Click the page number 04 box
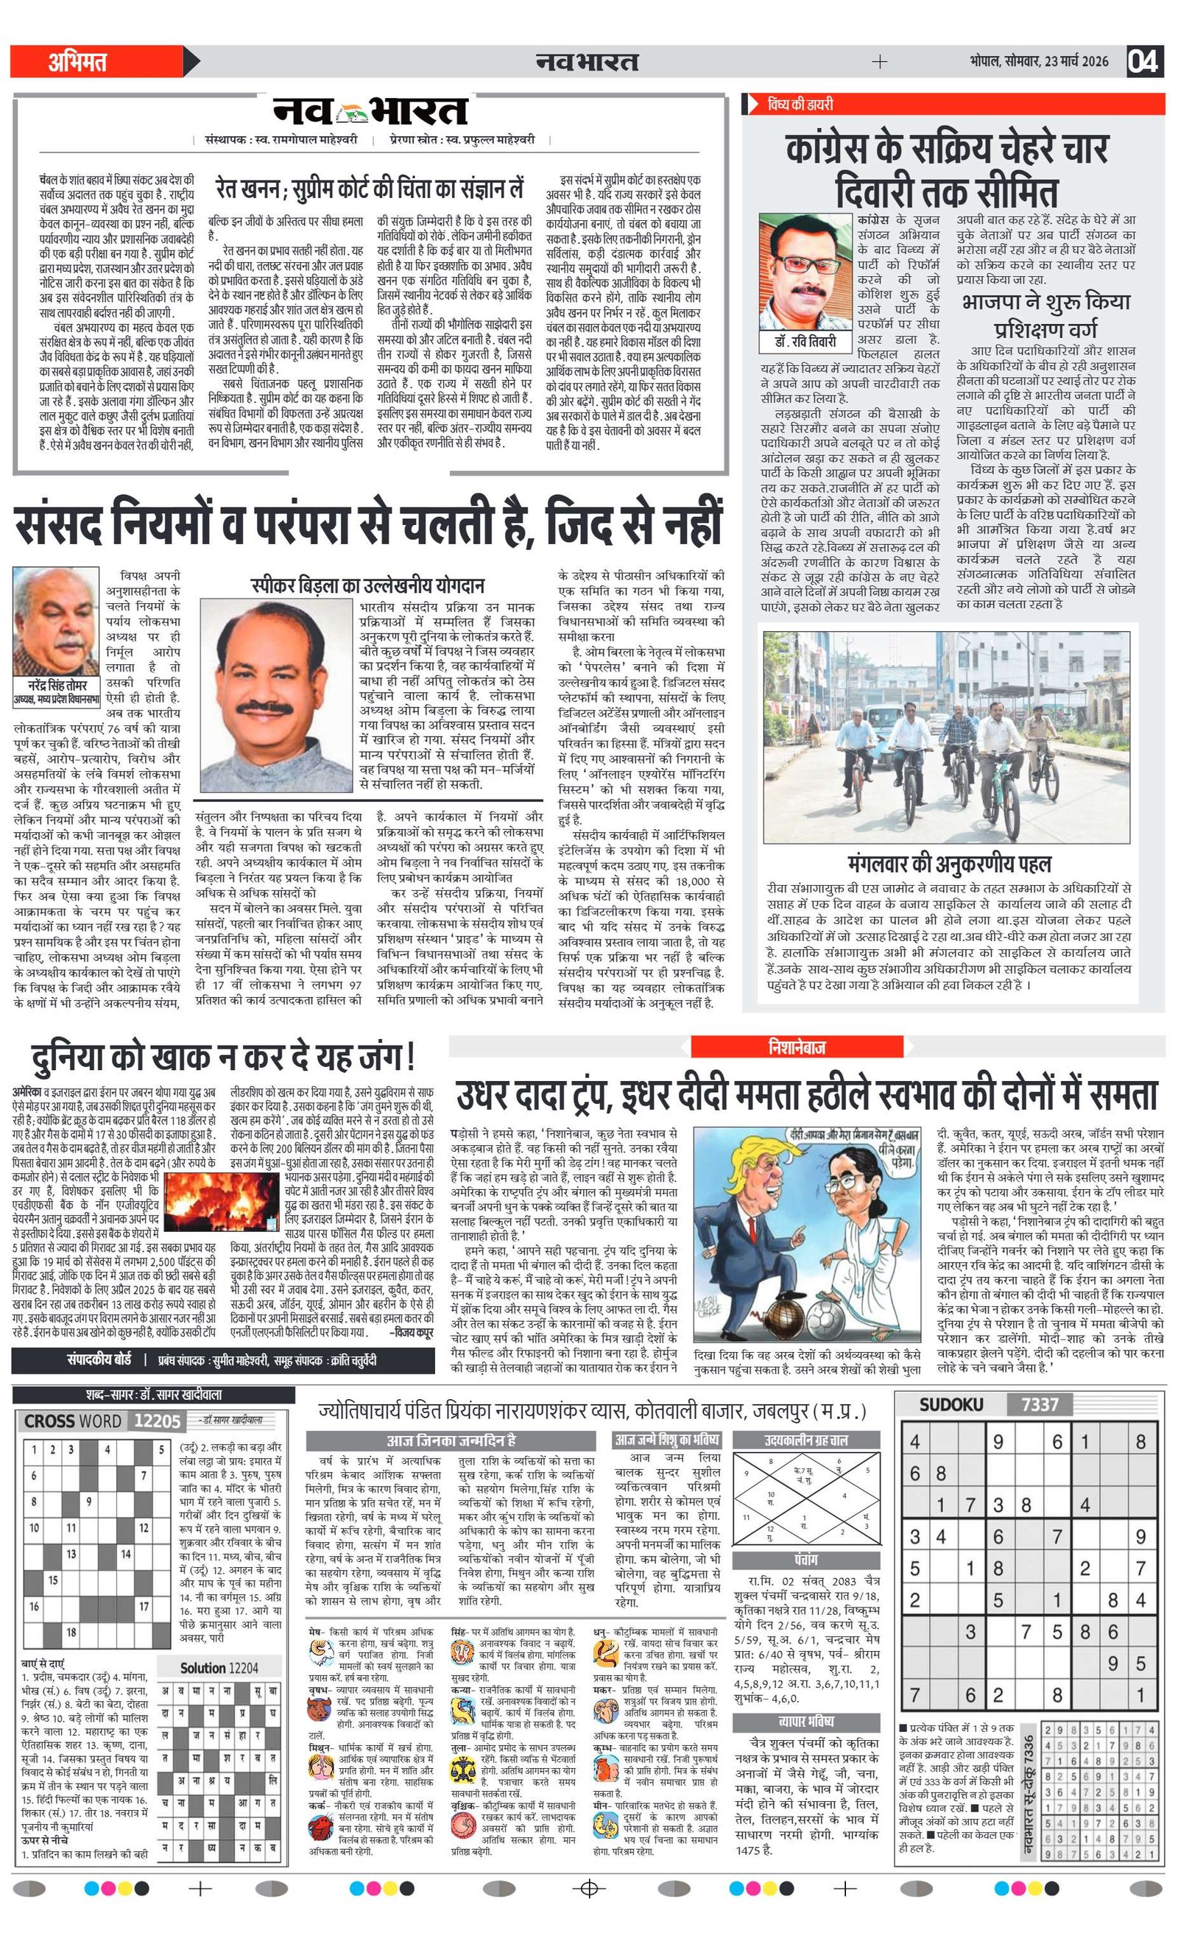(x=1143, y=62)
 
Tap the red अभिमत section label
(x=77, y=62)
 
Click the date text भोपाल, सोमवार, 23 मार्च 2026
(x=1039, y=62)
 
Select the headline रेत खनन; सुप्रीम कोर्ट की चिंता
(x=369, y=191)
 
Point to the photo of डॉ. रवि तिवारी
(x=805, y=272)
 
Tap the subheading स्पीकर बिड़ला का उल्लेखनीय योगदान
(x=367, y=585)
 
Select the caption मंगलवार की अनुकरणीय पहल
(x=949, y=863)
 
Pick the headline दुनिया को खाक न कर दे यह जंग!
(x=223, y=1057)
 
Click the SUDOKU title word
(x=950, y=1404)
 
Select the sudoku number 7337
(x=1039, y=1404)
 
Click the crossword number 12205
(x=158, y=1420)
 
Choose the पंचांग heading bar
(x=806, y=1560)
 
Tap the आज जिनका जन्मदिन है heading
(x=451, y=1440)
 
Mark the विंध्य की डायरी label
(x=800, y=105)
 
